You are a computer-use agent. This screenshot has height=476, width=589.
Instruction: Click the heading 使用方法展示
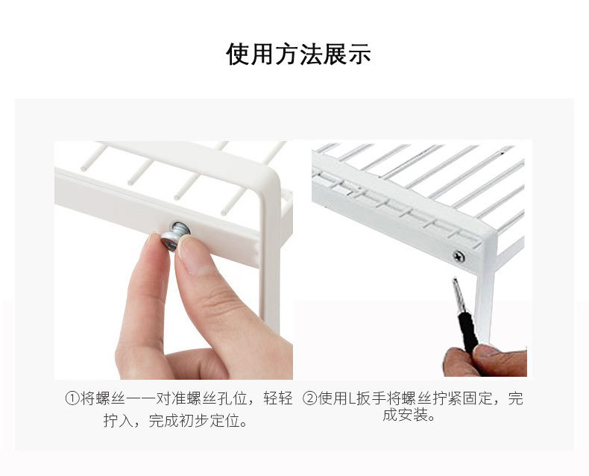[x=298, y=54]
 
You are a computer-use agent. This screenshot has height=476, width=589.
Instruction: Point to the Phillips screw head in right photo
[x=459, y=257]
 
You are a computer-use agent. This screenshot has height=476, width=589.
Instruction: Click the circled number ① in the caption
[x=72, y=398]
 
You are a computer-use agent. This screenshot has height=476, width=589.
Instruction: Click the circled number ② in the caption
[x=310, y=398]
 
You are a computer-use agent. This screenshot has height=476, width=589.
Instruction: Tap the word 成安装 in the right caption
[x=406, y=415]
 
